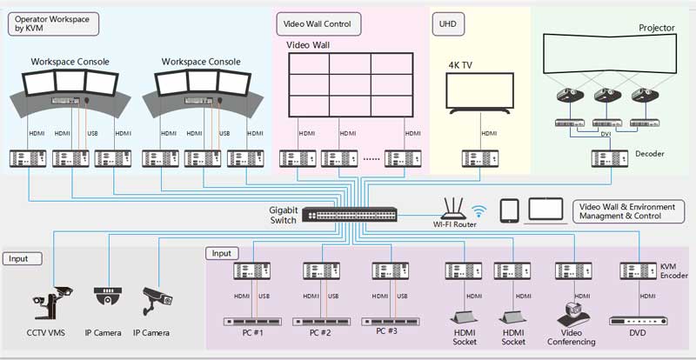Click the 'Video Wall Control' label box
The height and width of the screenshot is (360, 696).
pos(318,23)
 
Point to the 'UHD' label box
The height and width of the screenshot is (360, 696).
pos(445,23)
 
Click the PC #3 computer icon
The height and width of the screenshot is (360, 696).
pos(392,320)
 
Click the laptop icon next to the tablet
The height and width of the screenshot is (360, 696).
pos(545,210)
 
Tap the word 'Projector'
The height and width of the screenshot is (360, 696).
pos(656,28)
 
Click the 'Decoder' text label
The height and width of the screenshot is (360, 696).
pos(649,154)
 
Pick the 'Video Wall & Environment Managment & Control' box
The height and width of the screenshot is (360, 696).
pos(628,210)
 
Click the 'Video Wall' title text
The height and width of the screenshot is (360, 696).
pos(308,45)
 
